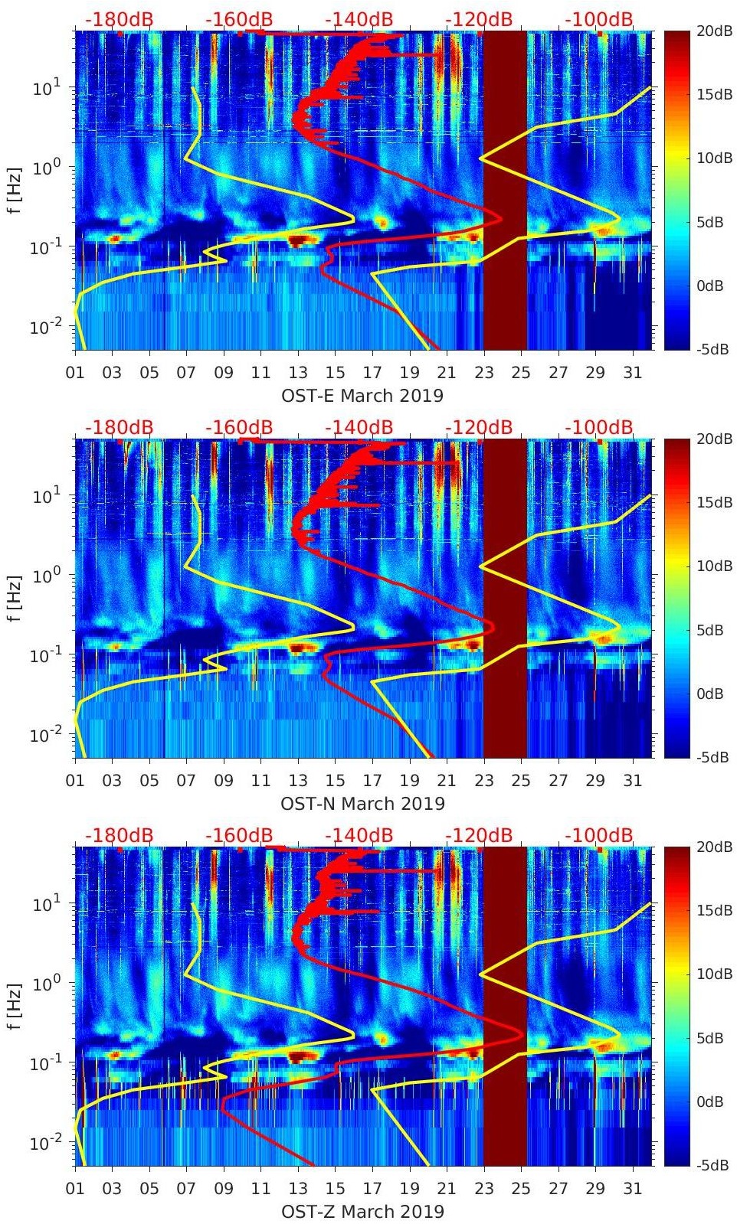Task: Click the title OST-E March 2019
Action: pyautogui.click(x=362, y=396)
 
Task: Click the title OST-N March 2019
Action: pyautogui.click(x=362, y=804)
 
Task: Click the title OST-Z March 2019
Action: pyautogui.click(x=362, y=1212)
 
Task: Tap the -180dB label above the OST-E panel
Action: pyautogui.click(x=119, y=19)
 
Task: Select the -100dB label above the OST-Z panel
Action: pyautogui.click(x=599, y=835)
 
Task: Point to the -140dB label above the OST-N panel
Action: pyautogui.click(x=359, y=427)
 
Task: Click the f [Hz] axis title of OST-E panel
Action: pyautogui.click(x=15, y=191)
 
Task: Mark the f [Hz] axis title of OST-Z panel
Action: pyautogui.click(x=15, y=1006)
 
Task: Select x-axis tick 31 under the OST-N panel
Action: pyautogui.click(x=632, y=781)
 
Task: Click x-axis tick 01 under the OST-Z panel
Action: pyautogui.click(x=75, y=1189)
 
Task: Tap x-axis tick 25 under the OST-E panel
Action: pyautogui.click(x=520, y=373)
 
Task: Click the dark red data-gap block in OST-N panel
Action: pyautogui.click(x=505, y=599)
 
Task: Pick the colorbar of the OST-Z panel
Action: pyautogui.click(x=676, y=1006)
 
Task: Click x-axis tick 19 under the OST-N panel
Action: pyautogui.click(x=409, y=781)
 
